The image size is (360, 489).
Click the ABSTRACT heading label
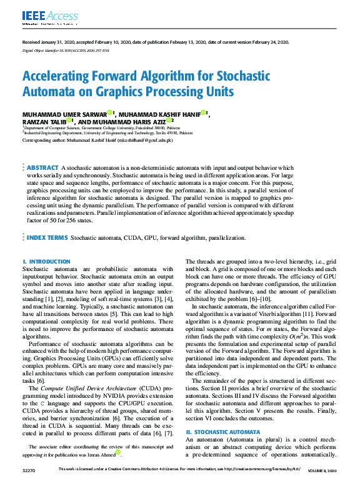(42, 169)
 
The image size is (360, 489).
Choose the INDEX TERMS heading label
(47, 238)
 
